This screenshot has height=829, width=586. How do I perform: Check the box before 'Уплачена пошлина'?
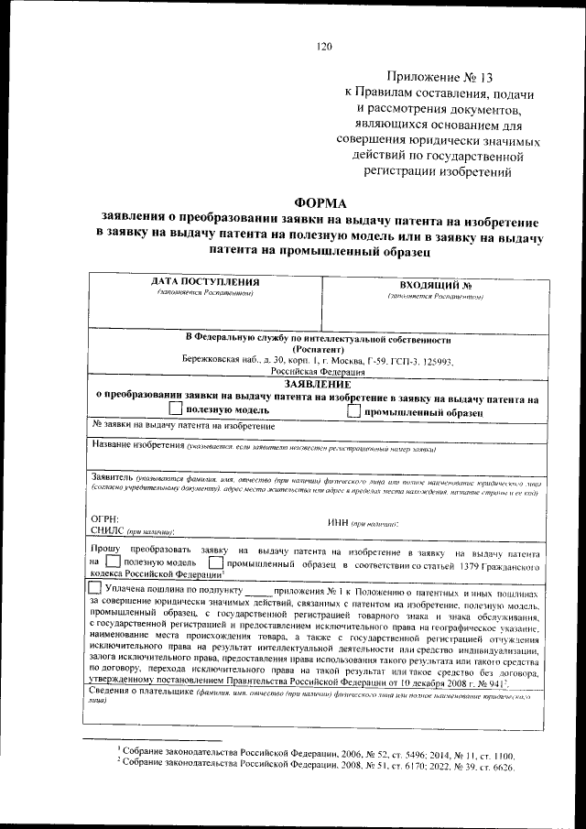95,588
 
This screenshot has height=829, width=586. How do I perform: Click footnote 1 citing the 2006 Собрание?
311,751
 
